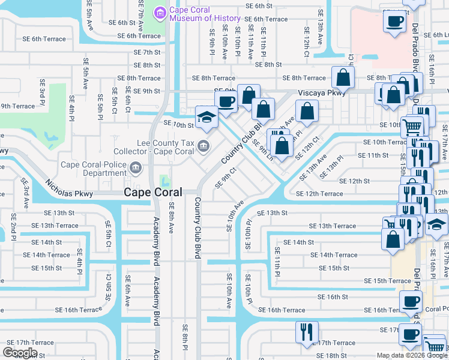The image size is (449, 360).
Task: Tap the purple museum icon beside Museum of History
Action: tap(160, 13)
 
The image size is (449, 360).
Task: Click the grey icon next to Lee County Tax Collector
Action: tap(205, 146)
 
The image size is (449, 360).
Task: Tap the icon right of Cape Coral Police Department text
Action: tap(136, 168)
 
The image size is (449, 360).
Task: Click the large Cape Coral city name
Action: tap(158, 193)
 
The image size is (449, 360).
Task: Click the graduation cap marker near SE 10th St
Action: tap(206, 116)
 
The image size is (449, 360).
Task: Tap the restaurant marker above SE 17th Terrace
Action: tap(307, 332)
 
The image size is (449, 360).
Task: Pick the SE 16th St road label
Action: tap(333, 296)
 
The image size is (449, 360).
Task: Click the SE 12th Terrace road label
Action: tap(320, 194)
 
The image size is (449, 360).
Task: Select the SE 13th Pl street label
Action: tap(331, 166)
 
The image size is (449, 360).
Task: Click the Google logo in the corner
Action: tap(20, 353)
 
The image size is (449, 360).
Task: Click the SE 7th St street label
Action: tap(147, 52)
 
